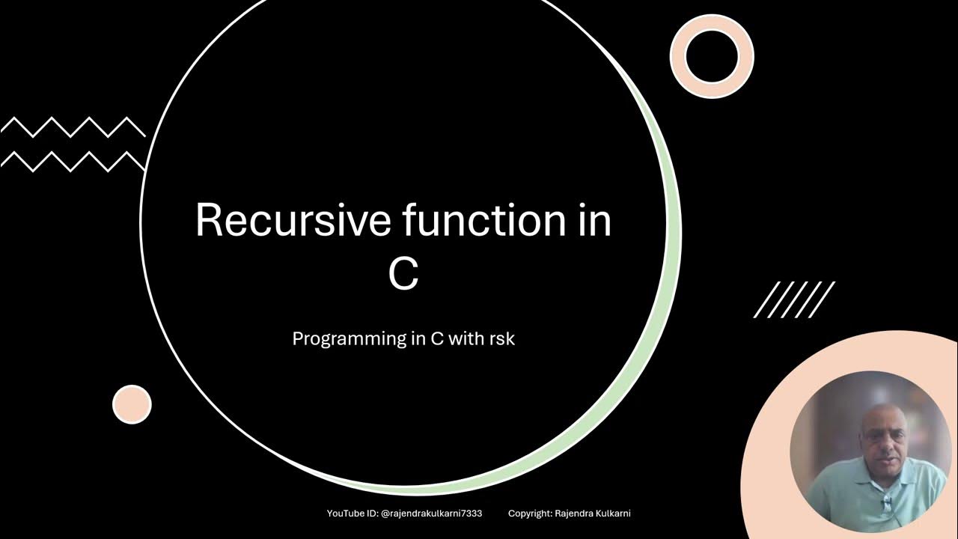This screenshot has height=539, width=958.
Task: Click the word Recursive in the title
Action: [293, 221]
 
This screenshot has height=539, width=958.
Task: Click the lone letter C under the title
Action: [403, 275]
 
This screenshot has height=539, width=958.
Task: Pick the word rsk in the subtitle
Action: [501, 338]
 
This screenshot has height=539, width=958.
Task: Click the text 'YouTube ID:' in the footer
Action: [353, 514]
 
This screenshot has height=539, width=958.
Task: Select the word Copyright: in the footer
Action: [531, 514]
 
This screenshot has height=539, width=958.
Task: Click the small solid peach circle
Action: [132, 404]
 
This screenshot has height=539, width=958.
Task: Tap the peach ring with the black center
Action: [711, 57]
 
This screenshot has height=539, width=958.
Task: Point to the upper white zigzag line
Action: [73, 127]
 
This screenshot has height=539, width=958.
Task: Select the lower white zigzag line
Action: [73, 161]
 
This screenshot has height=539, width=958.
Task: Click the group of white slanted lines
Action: [794, 299]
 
